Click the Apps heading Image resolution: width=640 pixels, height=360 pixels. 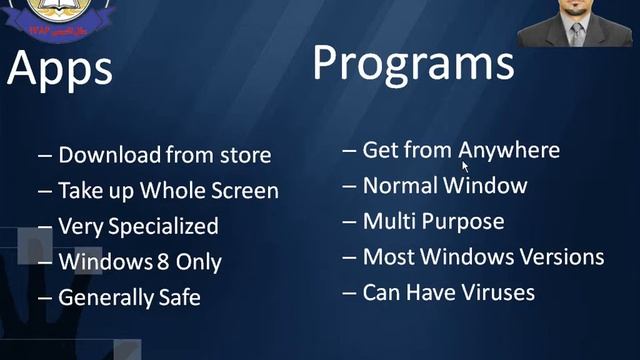click(x=59, y=69)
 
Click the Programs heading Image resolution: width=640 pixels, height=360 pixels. click(x=413, y=62)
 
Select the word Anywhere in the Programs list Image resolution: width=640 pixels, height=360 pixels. click(x=509, y=150)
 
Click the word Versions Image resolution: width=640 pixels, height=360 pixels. click(x=561, y=257)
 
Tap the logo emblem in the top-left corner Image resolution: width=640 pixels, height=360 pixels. click(x=56, y=11)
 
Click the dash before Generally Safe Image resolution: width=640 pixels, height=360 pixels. click(x=45, y=298)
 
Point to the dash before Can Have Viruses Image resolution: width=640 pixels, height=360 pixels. click(x=349, y=292)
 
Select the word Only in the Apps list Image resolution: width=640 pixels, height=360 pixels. click(x=195, y=262)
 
